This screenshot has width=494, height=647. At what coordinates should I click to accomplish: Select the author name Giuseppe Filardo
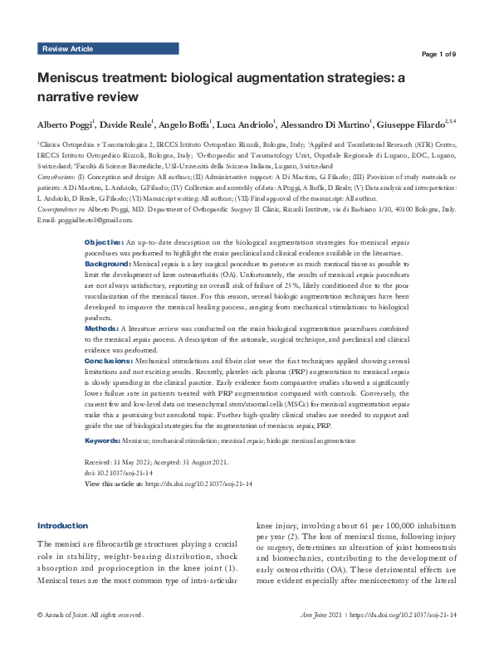[414, 124]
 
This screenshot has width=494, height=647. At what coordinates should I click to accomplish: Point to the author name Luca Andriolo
[247, 124]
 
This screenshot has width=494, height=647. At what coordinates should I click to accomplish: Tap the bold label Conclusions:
[109, 362]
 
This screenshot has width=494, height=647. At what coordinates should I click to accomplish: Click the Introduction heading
[63, 525]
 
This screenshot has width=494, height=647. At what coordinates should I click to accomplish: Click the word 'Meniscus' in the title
[71, 79]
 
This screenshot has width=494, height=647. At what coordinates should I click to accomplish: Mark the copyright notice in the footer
[90, 638]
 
